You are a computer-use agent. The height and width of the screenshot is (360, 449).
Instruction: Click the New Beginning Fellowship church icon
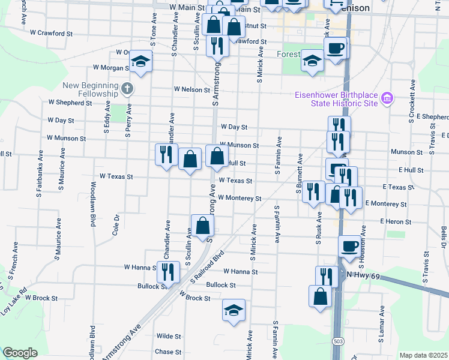click(x=127, y=89)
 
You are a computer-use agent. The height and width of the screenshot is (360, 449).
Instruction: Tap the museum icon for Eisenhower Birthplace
click(x=387, y=98)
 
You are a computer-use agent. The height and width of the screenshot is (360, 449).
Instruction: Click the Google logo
click(x=20, y=353)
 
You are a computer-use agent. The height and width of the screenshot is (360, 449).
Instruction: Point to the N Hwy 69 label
click(x=364, y=274)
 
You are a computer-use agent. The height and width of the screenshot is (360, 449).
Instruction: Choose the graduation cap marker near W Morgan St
click(x=141, y=62)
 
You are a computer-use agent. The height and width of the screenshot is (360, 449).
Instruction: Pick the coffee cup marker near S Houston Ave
click(x=349, y=245)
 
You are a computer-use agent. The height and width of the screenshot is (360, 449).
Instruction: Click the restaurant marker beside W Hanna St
click(x=168, y=271)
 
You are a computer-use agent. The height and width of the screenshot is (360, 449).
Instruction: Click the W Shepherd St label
click(x=71, y=103)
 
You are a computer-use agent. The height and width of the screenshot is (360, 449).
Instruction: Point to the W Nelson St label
click(x=192, y=89)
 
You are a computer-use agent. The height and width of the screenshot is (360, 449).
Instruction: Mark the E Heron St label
click(x=396, y=222)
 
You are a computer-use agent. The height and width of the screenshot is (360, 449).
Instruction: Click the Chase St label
click(x=168, y=352)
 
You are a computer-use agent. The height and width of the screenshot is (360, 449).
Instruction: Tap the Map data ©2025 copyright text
click(x=423, y=355)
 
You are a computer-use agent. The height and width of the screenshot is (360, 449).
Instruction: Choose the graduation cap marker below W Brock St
click(x=234, y=310)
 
